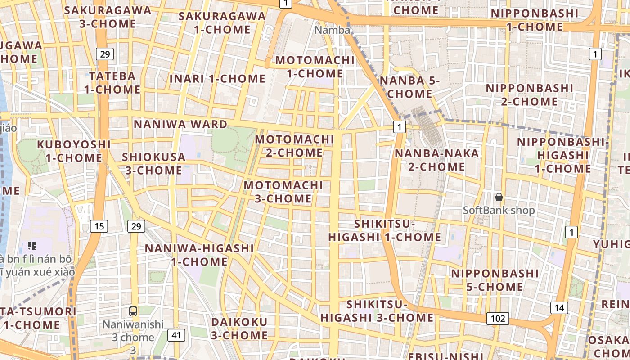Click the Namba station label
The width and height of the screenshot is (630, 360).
point(332,30)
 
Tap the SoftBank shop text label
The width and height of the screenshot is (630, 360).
point(499,210)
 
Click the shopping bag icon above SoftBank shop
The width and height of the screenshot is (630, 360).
point(499,197)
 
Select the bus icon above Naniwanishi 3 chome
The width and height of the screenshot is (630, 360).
point(133,310)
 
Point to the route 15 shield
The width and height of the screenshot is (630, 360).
point(99,226)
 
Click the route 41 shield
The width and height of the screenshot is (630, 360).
point(176,335)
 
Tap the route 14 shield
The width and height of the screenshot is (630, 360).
point(559,308)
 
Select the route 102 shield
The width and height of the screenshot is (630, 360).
point(498,319)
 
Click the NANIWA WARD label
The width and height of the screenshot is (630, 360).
point(180,124)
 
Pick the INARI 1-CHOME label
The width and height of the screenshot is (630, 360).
point(217,79)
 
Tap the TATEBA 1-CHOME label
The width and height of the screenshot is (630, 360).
point(112,82)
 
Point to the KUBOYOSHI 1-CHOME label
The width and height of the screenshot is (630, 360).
point(74,151)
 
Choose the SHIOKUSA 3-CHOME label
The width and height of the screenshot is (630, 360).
point(154,164)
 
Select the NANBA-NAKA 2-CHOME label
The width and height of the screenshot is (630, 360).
point(436,160)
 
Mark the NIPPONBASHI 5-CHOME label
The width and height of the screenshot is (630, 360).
point(495,280)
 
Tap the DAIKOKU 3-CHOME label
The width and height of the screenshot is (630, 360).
point(239,328)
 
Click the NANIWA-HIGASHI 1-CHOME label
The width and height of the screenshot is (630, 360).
point(199,255)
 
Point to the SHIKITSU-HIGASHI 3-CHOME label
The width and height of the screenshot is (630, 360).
point(377,311)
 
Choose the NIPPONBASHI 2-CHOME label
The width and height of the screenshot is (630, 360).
point(529,94)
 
